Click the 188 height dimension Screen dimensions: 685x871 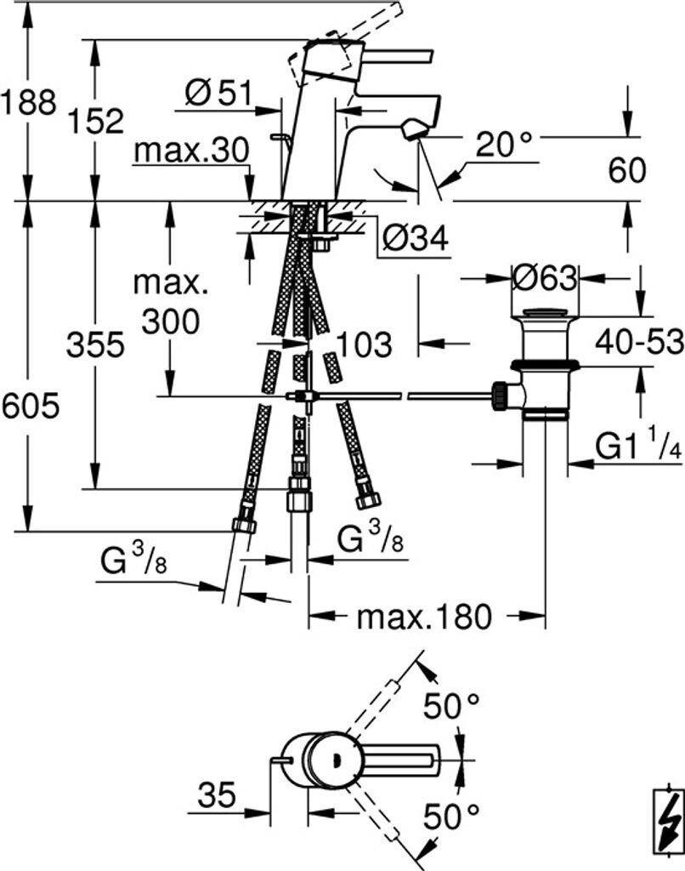(28, 103)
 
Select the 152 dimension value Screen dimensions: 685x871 (96, 121)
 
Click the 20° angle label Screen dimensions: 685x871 (503, 145)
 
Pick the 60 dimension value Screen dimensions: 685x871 (627, 170)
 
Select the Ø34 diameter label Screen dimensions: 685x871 (416, 239)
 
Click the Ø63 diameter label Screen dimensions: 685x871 (545, 278)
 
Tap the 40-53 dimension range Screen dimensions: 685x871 (639, 342)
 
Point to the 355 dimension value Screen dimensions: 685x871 (95, 344)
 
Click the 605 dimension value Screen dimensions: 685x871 (30, 406)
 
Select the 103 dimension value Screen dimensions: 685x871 (364, 344)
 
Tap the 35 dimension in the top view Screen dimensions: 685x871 (217, 795)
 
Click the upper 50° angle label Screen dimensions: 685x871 (451, 707)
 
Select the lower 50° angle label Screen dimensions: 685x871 (451, 817)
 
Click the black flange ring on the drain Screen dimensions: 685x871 (546, 365)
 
